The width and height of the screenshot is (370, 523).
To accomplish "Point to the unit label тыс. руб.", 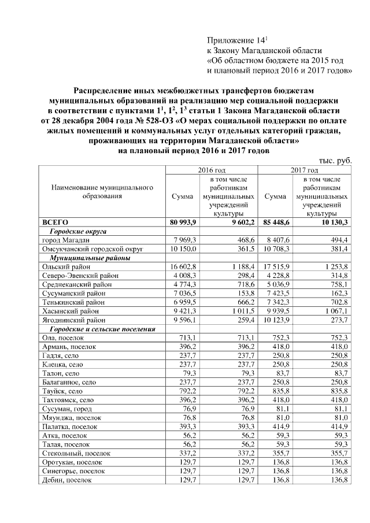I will click(336, 161).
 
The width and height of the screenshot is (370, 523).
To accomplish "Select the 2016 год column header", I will click(212, 171).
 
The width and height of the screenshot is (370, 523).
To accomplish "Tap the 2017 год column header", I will click(305, 171).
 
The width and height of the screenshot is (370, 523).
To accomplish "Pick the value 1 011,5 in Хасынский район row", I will click(243, 311).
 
